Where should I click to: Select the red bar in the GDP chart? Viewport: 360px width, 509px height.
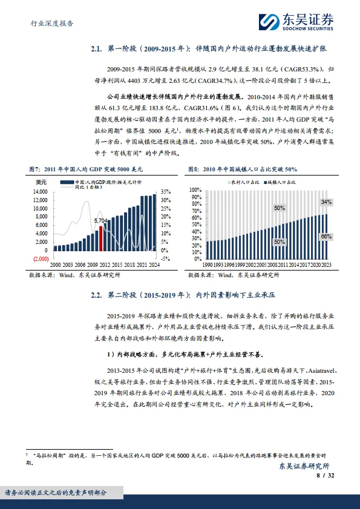100,238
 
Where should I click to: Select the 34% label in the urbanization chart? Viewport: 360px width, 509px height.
326,202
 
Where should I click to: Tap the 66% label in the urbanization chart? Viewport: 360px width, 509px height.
326,237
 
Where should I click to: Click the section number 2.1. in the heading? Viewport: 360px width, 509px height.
98,49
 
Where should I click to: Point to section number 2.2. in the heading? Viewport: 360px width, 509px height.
98,296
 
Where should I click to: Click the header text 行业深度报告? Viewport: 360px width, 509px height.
52,24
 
